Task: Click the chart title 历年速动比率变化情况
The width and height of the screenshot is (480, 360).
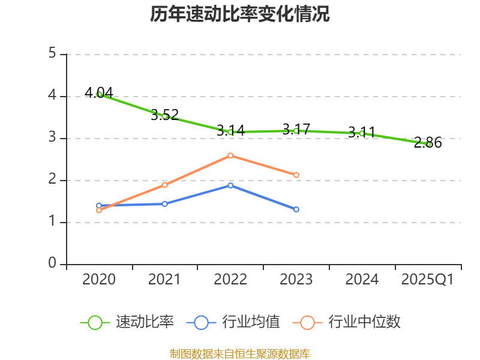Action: [240, 14]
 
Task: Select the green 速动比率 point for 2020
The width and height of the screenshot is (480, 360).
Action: [99, 94]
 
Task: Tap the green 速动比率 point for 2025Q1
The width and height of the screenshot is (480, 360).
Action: [428, 144]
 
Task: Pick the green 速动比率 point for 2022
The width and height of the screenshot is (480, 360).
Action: [230, 132]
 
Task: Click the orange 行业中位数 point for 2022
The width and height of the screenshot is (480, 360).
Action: [230, 155]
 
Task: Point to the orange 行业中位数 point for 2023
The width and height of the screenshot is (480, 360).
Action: [296, 175]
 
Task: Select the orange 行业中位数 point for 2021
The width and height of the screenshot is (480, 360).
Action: [165, 185]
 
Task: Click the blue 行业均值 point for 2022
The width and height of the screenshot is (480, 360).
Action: [230, 185]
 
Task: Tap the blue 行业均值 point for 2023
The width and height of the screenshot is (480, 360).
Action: [296, 209]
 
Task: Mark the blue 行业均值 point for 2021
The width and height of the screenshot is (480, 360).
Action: [165, 204]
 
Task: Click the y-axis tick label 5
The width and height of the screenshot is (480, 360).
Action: [52, 54]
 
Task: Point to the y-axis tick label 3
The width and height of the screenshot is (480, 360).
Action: [52, 138]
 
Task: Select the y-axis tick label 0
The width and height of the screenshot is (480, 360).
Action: [52, 264]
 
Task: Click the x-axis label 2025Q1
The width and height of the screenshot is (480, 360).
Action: [428, 280]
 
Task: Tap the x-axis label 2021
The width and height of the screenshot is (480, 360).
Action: [164, 280]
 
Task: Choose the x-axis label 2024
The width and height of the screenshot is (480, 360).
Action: [362, 280]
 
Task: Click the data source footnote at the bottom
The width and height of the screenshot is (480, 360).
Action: [240, 353]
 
